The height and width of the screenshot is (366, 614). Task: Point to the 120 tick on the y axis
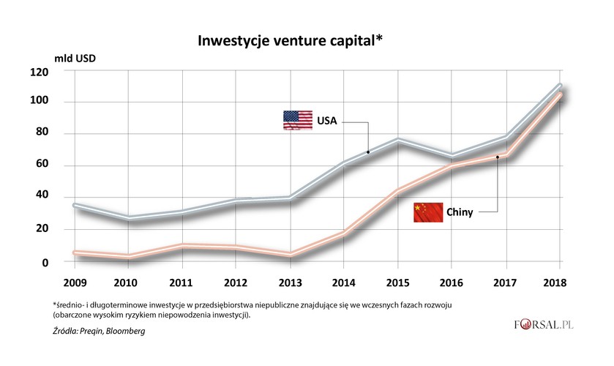click(59, 72)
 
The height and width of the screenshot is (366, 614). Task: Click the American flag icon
click(298, 120)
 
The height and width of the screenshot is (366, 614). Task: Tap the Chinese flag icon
click(428, 212)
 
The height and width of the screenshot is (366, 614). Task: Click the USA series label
click(326, 121)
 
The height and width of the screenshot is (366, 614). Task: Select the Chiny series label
click(460, 212)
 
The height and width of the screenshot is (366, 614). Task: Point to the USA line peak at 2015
click(398, 139)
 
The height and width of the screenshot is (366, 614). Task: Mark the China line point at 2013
click(291, 255)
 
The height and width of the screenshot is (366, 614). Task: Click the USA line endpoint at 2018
click(560, 86)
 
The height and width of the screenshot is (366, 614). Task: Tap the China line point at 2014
click(344, 234)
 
